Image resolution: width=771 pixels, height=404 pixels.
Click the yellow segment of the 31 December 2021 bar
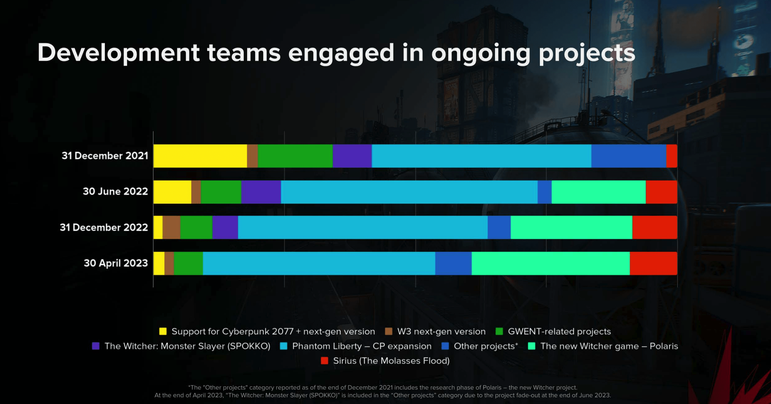tap(200, 156)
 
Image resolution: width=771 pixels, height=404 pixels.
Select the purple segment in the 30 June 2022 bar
tap(261, 192)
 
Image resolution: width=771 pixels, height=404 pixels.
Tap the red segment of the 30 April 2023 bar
tap(653, 263)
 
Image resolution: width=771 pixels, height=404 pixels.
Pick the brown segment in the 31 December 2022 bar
tap(171, 228)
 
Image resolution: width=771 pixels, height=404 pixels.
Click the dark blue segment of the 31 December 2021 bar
tap(629, 156)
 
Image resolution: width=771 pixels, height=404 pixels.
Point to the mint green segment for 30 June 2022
tap(598, 192)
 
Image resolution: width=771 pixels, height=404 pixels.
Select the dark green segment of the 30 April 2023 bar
tap(188, 263)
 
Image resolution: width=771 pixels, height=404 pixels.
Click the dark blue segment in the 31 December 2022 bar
tap(499, 228)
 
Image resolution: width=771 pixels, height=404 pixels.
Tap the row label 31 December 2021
tap(105, 156)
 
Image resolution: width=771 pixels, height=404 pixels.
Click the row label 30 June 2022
tap(115, 192)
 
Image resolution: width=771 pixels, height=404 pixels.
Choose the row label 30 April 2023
tap(116, 263)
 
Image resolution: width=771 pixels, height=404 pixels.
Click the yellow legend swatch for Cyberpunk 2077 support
tap(163, 332)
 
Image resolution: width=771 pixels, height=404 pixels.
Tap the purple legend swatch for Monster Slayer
tap(96, 346)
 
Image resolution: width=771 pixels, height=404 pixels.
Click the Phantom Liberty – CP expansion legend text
tap(362, 346)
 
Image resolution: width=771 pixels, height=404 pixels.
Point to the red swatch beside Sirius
tap(324, 361)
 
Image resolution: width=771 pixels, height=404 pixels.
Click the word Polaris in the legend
tap(664, 346)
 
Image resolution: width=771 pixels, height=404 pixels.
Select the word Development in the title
tap(119, 53)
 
